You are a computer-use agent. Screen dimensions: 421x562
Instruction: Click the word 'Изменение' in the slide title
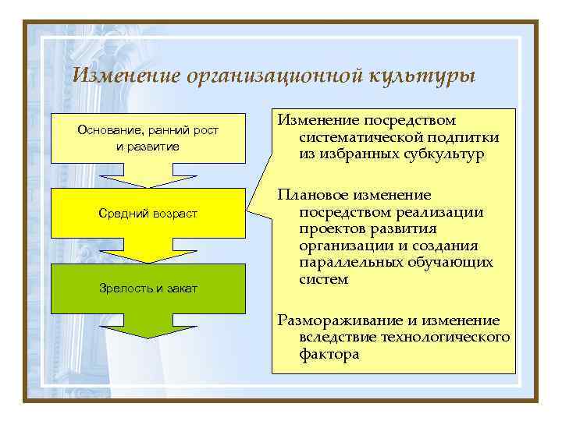[125, 76]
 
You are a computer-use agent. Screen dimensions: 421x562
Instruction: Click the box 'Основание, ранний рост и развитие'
[148, 138]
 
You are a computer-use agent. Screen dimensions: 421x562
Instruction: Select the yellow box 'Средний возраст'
[148, 214]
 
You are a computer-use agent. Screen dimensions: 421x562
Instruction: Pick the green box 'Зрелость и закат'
[148, 288]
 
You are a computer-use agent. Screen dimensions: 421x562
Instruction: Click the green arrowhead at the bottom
[148, 328]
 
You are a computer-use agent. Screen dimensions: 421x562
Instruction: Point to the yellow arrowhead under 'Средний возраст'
[148, 253]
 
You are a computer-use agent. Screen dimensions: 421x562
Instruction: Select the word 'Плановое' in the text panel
[315, 195]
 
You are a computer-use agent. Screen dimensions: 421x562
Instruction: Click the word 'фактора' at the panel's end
[329, 354]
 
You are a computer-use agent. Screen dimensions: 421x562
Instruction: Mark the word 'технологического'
[445, 337]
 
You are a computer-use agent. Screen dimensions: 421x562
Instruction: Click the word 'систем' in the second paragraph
[323, 279]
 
